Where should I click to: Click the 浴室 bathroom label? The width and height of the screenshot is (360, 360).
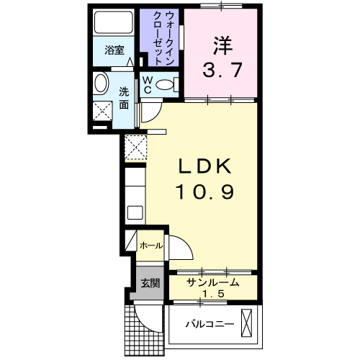(x=114, y=50)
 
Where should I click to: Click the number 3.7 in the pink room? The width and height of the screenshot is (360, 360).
(x=221, y=71)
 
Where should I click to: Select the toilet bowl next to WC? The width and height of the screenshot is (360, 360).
(x=166, y=85)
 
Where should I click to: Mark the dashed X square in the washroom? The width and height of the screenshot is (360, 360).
(x=104, y=112)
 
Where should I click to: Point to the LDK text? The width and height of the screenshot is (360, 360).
(x=204, y=167)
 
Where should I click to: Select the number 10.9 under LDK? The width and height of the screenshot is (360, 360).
(x=204, y=192)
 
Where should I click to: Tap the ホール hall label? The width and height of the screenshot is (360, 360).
(x=150, y=246)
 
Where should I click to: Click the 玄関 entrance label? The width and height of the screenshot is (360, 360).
(x=150, y=282)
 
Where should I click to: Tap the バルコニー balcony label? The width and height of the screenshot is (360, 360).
(x=209, y=324)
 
